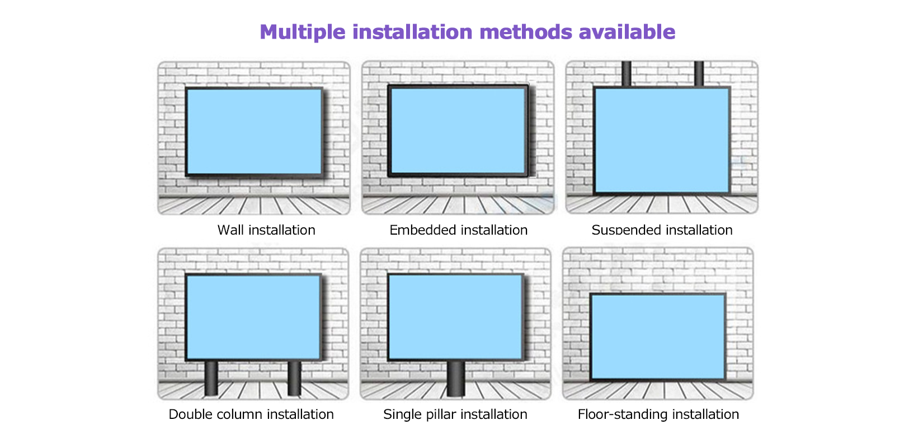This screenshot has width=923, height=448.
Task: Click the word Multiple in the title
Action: point(303,32)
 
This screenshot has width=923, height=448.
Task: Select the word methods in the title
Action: point(526,31)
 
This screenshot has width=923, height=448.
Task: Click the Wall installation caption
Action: point(266,230)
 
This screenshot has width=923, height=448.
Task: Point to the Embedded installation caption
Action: point(458,230)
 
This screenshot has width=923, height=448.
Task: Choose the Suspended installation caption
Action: point(662,230)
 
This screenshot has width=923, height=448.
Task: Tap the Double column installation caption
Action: point(251,414)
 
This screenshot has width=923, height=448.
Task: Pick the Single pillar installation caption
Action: point(455,414)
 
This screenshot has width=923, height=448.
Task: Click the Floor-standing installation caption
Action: point(658,414)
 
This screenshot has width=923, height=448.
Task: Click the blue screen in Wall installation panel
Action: point(254,132)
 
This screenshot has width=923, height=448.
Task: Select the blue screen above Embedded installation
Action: point(458,130)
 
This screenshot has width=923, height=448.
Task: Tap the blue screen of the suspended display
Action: point(662,140)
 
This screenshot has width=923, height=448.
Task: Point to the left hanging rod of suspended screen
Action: point(627,74)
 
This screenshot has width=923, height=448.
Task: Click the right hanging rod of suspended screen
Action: point(699,74)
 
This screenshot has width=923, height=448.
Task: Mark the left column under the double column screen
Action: point(211,378)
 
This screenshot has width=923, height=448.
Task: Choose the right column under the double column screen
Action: point(294,378)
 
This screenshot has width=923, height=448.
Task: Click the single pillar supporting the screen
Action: point(456,379)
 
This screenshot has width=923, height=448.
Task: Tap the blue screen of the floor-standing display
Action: point(658,336)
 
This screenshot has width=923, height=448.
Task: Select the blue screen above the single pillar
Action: point(455,317)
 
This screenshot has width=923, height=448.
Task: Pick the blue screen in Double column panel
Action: point(253,317)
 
